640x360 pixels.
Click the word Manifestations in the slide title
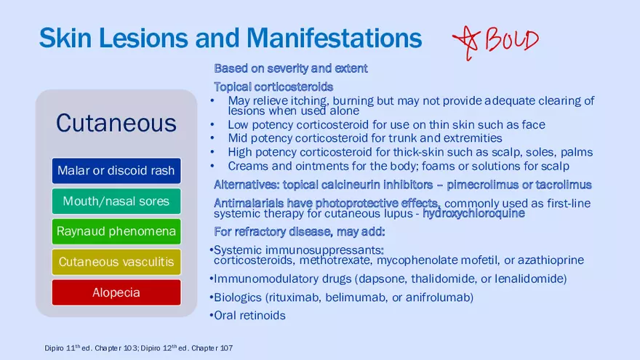tap(334, 38)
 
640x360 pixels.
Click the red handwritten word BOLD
tap(512, 39)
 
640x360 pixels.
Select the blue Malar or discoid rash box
tap(116, 171)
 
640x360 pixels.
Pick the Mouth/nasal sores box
tap(116, 201)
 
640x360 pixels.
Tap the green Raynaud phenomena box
tap(116, 231)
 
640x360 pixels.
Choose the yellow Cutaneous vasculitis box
tap(116, 262)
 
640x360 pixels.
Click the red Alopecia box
tap(116, 292)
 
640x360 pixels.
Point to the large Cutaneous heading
tap(116, 123)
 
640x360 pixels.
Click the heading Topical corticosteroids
tap(273, 87)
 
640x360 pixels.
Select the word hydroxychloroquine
tap(473, 214)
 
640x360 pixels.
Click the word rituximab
tap(295, 297)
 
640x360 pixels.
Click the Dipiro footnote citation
tap(139, 348)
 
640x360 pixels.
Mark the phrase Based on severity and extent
tap(291, 68)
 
